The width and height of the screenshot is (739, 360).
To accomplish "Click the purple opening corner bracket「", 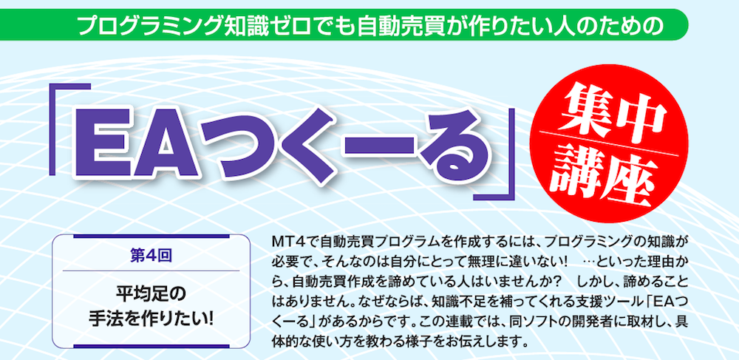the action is pos(69,126).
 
